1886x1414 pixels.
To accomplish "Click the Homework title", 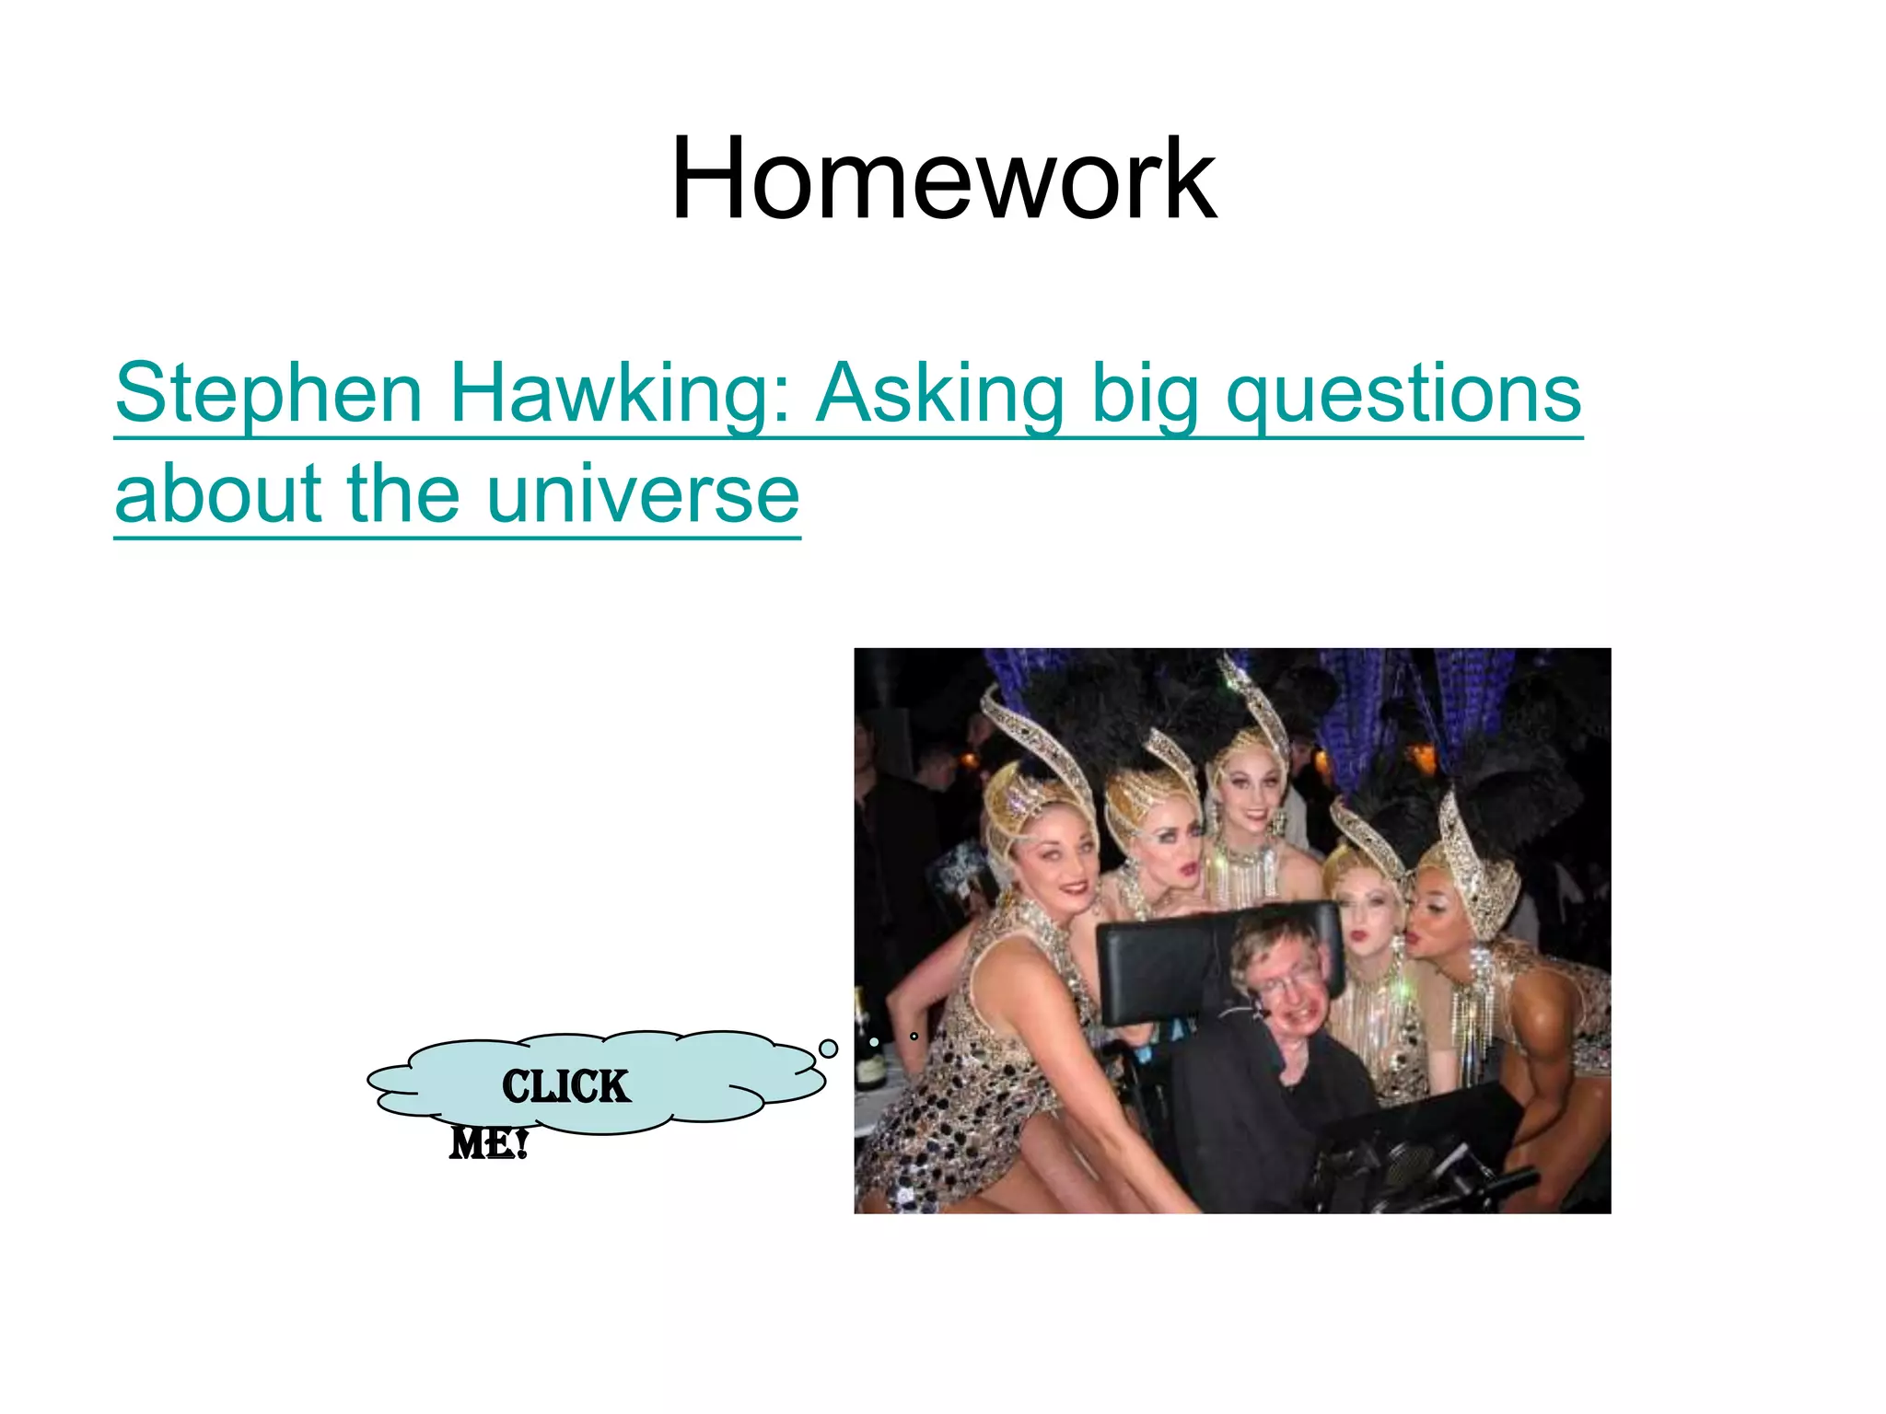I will pos(943,180).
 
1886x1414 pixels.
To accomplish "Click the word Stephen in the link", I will pos(268,394).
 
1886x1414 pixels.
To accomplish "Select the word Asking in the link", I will pos(940,394).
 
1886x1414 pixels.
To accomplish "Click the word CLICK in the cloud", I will pos(565,1087).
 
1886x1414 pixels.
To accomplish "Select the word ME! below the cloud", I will pos(488,1144).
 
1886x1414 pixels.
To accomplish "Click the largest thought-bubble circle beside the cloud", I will pos(829,1049).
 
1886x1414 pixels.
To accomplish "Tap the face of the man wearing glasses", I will pos(1289,999).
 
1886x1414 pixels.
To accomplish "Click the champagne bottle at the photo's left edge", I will pos(867,1049).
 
